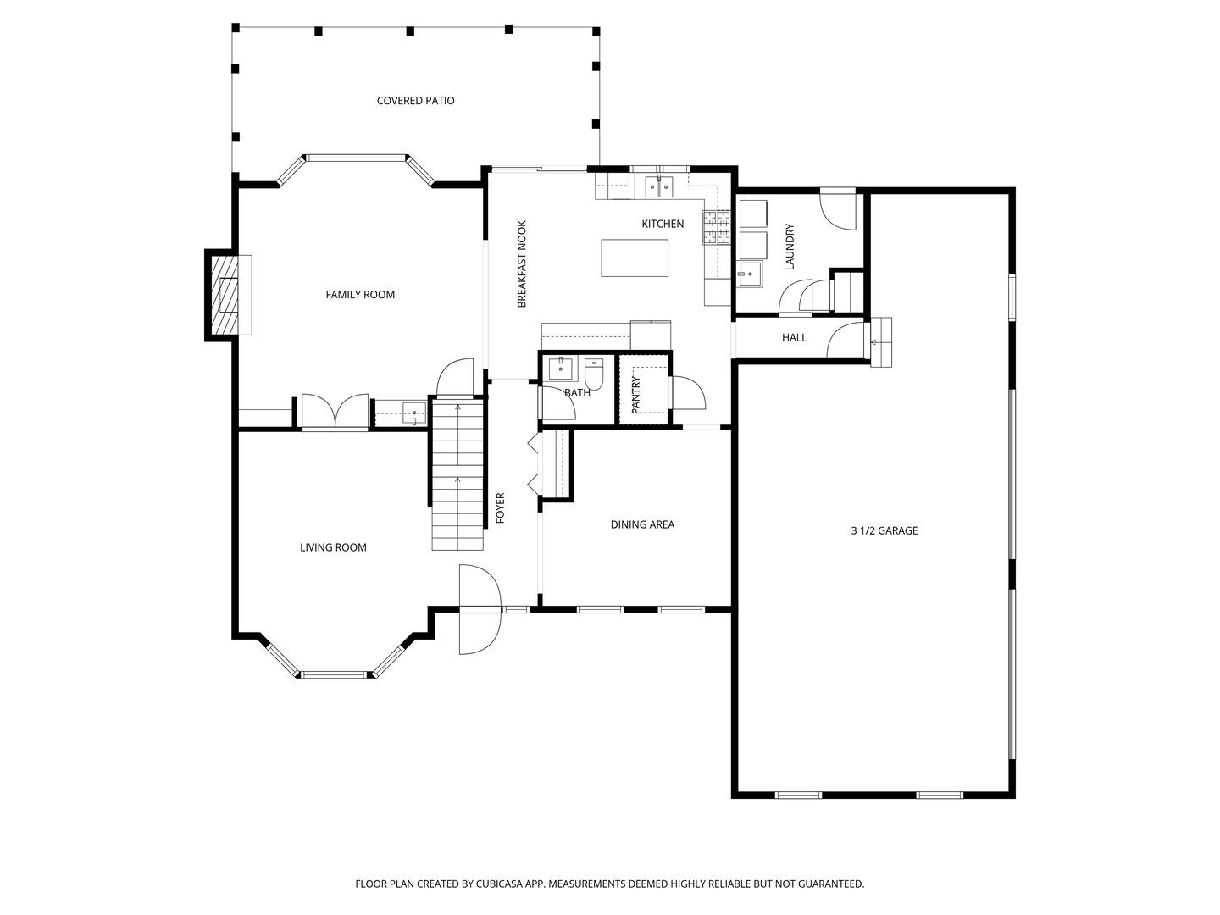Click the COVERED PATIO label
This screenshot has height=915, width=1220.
click(x=415, y=101)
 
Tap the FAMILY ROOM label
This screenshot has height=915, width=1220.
click(x=360, y=295)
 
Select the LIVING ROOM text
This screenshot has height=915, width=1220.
click(x=333, y=547)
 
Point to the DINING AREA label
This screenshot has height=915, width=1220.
click(x=642, y=524)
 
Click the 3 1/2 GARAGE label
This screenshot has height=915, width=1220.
click(x=884, y=530)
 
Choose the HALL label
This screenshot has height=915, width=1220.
click(x=794, y=337)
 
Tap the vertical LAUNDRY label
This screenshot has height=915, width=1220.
click(x=790, y=247)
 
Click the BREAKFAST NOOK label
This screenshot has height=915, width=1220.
click(x=521, y=263)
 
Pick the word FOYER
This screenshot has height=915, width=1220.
click(x=500, y=507)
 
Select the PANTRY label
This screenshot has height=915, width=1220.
click(x=636, y=395)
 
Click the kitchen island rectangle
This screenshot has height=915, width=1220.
click(x=635, y=258)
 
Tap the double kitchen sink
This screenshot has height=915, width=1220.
click(x=659, y=186)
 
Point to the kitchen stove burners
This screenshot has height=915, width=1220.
click(x=716, y=227)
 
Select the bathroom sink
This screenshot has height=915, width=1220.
click(x=560, y=369)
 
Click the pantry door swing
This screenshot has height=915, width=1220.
click(x=688, y=393)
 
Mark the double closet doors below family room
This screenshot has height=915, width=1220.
click(x=335, y=411)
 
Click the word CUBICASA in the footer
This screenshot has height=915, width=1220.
click(x=498, y=884)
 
